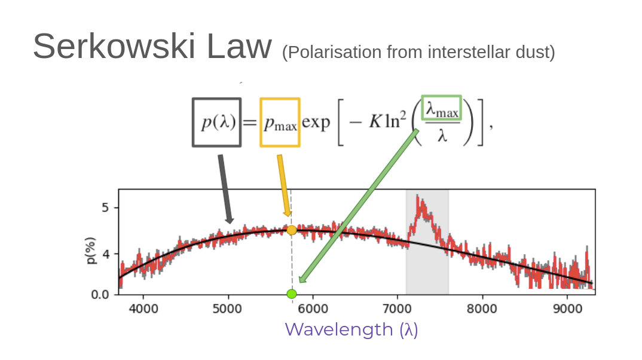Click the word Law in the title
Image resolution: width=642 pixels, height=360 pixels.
click(239, 47)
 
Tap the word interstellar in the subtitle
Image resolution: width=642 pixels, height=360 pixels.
click(462, 53)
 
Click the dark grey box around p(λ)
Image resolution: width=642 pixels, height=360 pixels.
click(216, 123)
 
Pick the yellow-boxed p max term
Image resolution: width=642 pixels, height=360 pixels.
click(280, 123)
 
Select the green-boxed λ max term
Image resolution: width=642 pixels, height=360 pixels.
click(442, 108)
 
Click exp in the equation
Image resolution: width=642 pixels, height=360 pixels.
click(316, 123)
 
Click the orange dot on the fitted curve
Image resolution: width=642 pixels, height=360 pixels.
click(292, 230)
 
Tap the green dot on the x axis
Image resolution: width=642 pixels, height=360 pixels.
click(292, 294)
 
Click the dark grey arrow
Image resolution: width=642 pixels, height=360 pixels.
click(225, 188)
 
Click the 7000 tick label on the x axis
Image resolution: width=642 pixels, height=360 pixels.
click(398, 309)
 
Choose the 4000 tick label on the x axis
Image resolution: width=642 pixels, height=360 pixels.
click(143, 309)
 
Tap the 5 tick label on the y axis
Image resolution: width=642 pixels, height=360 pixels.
click(106, 208)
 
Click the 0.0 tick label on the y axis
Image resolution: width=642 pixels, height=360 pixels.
click(103, 294)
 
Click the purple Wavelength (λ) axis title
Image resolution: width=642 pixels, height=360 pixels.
click(351, 330)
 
